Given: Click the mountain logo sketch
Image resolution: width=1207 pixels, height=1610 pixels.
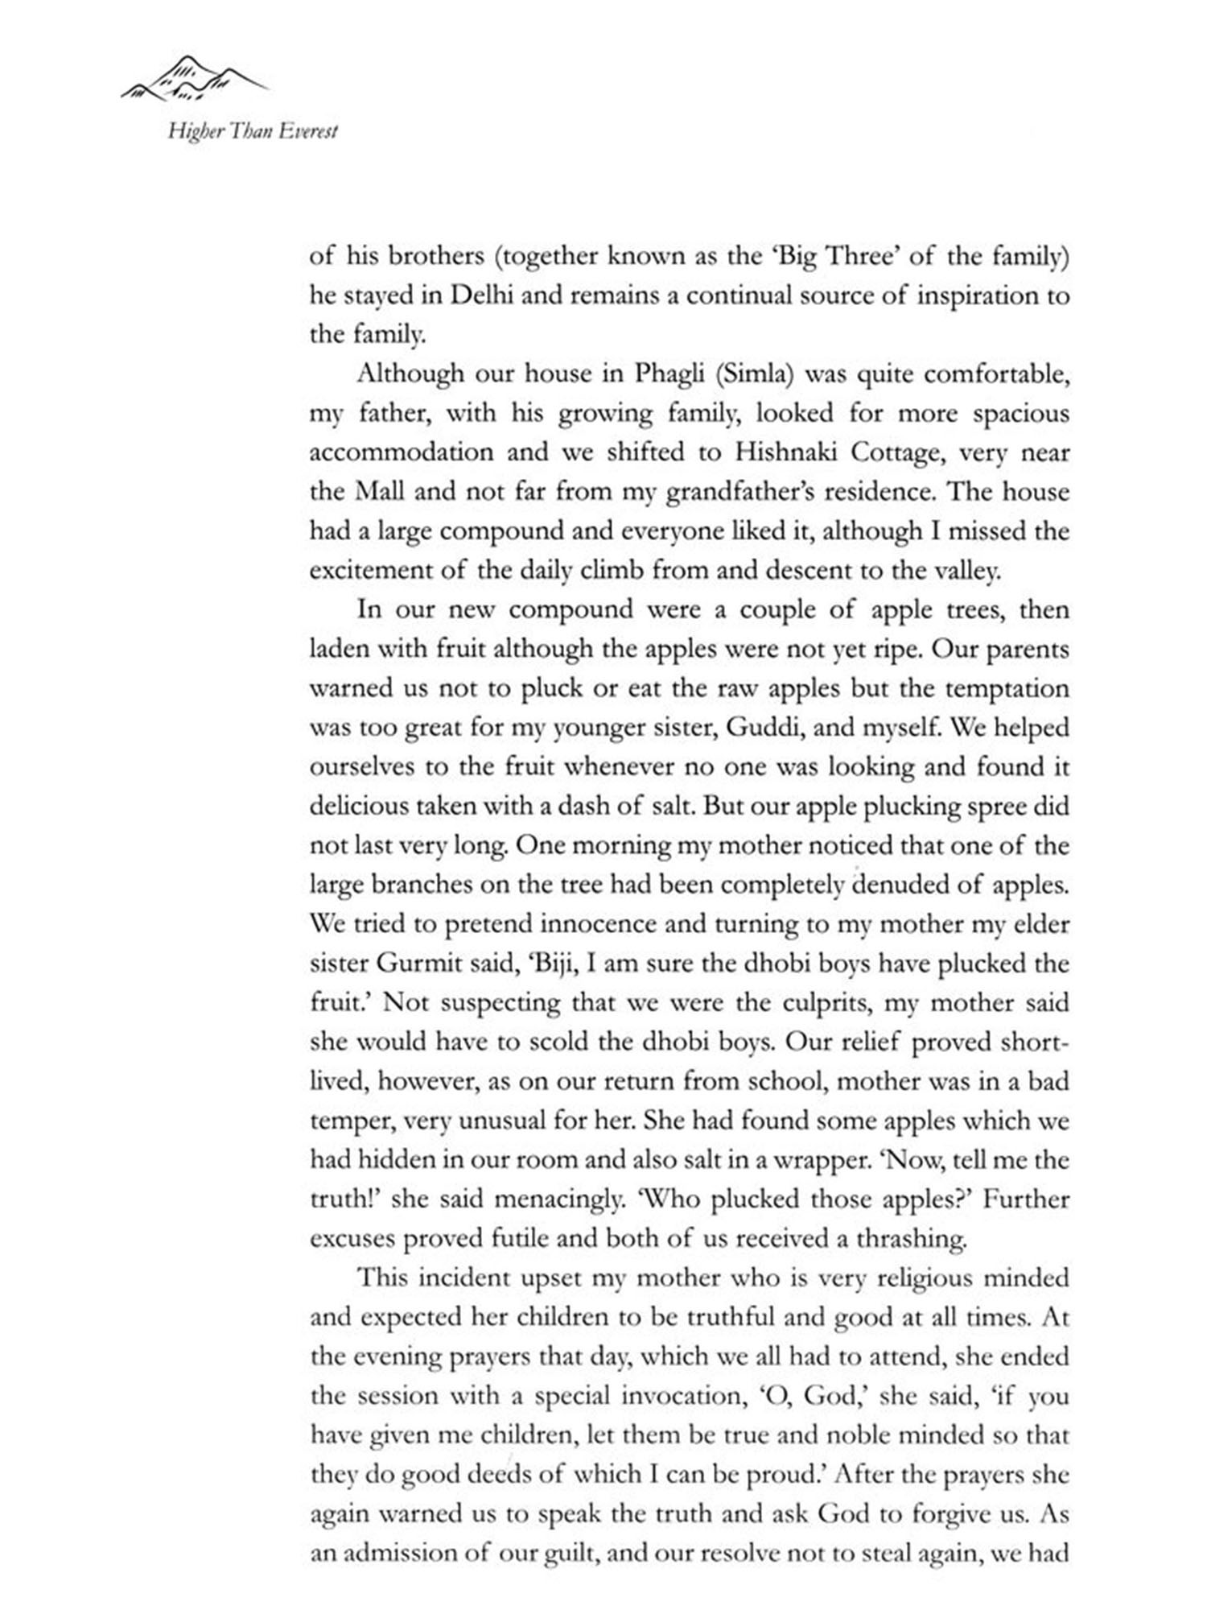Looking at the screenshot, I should coord(195,79).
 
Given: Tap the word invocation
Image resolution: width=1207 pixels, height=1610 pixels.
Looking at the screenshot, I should coord(681,1396).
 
